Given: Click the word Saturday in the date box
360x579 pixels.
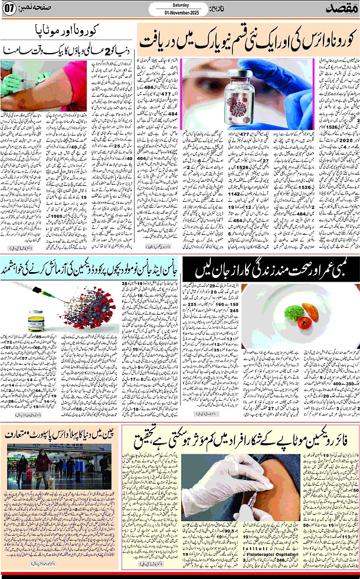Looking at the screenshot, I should coord(180,6).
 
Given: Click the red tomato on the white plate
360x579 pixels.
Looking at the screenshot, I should coord(305,322).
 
